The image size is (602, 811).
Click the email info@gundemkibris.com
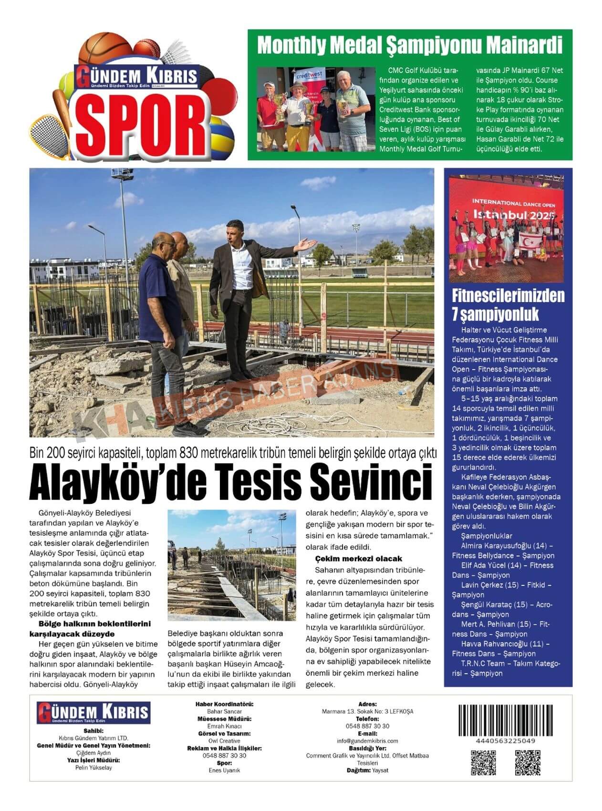click(367, 741)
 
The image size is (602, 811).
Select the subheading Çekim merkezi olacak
click(358, 559)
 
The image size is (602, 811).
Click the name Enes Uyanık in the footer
click(224, 770)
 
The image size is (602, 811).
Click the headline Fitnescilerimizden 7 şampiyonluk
click(508, 305)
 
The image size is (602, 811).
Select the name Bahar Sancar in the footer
click(224, 711)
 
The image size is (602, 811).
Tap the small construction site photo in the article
click(231, 565)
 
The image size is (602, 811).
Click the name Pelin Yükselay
click(93, 768)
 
